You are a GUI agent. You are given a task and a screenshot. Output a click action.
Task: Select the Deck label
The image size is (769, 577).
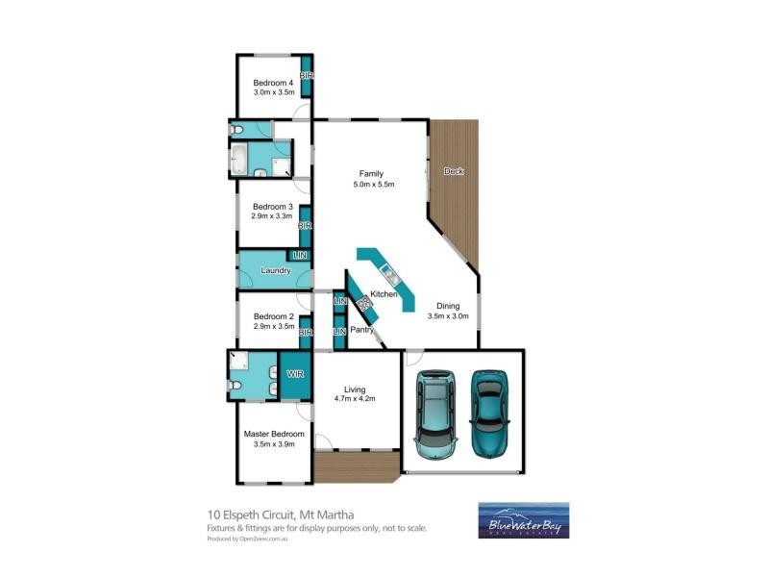coord(454,171)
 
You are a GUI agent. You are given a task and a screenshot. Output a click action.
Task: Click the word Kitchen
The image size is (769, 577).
coord(384,292)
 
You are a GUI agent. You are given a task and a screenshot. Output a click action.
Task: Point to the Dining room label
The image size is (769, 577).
coord(447,306)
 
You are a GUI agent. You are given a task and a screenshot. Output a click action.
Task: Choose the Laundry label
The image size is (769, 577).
coord(276,271)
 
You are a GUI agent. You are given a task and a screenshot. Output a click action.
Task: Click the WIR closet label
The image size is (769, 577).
coord(295,376)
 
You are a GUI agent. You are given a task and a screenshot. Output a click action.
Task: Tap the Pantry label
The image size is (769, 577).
coord(361,330)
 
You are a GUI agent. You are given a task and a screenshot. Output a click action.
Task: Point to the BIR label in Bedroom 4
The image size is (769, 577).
coord(307,76)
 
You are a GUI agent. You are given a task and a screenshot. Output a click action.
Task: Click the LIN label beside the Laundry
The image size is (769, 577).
coord(299,255)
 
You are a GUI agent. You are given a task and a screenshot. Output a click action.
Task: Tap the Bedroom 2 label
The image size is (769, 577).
coord(273,317)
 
